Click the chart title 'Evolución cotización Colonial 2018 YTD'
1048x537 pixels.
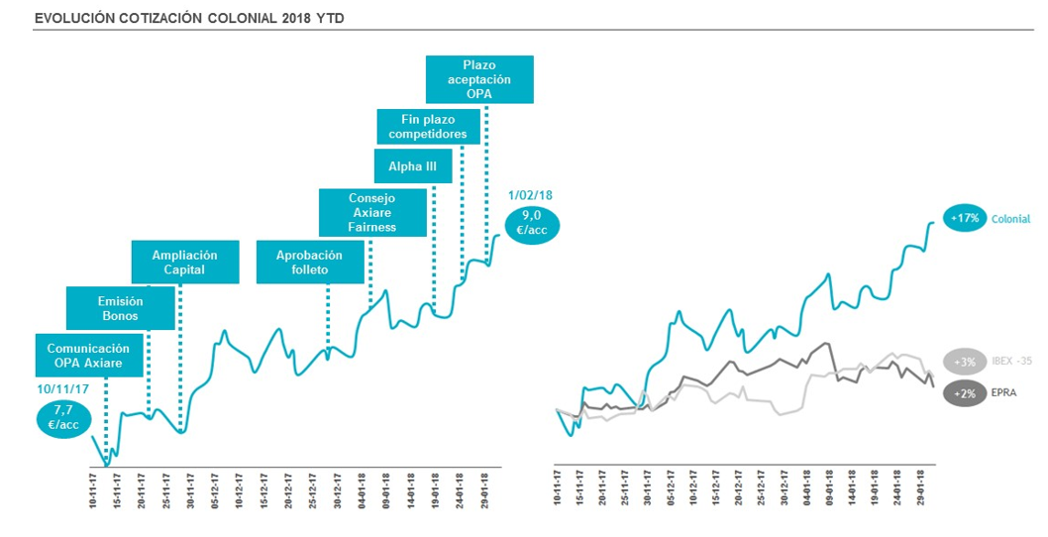click(189, 18)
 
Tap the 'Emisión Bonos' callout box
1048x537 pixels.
click(121, 308)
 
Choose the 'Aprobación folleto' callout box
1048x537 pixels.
click(308, 263)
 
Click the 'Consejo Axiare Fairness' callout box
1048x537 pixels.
click(372, 212)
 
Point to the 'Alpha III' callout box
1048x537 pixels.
click(412, 166)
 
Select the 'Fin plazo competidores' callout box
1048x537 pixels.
click(428, 127)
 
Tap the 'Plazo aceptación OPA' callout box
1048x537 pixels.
click(479, 79)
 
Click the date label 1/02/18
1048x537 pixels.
click(530, 196)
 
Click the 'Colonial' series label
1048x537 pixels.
click(1010, 219)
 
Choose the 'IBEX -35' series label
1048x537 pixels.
click(1011, 361)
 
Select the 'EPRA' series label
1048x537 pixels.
click(1003, 392)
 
